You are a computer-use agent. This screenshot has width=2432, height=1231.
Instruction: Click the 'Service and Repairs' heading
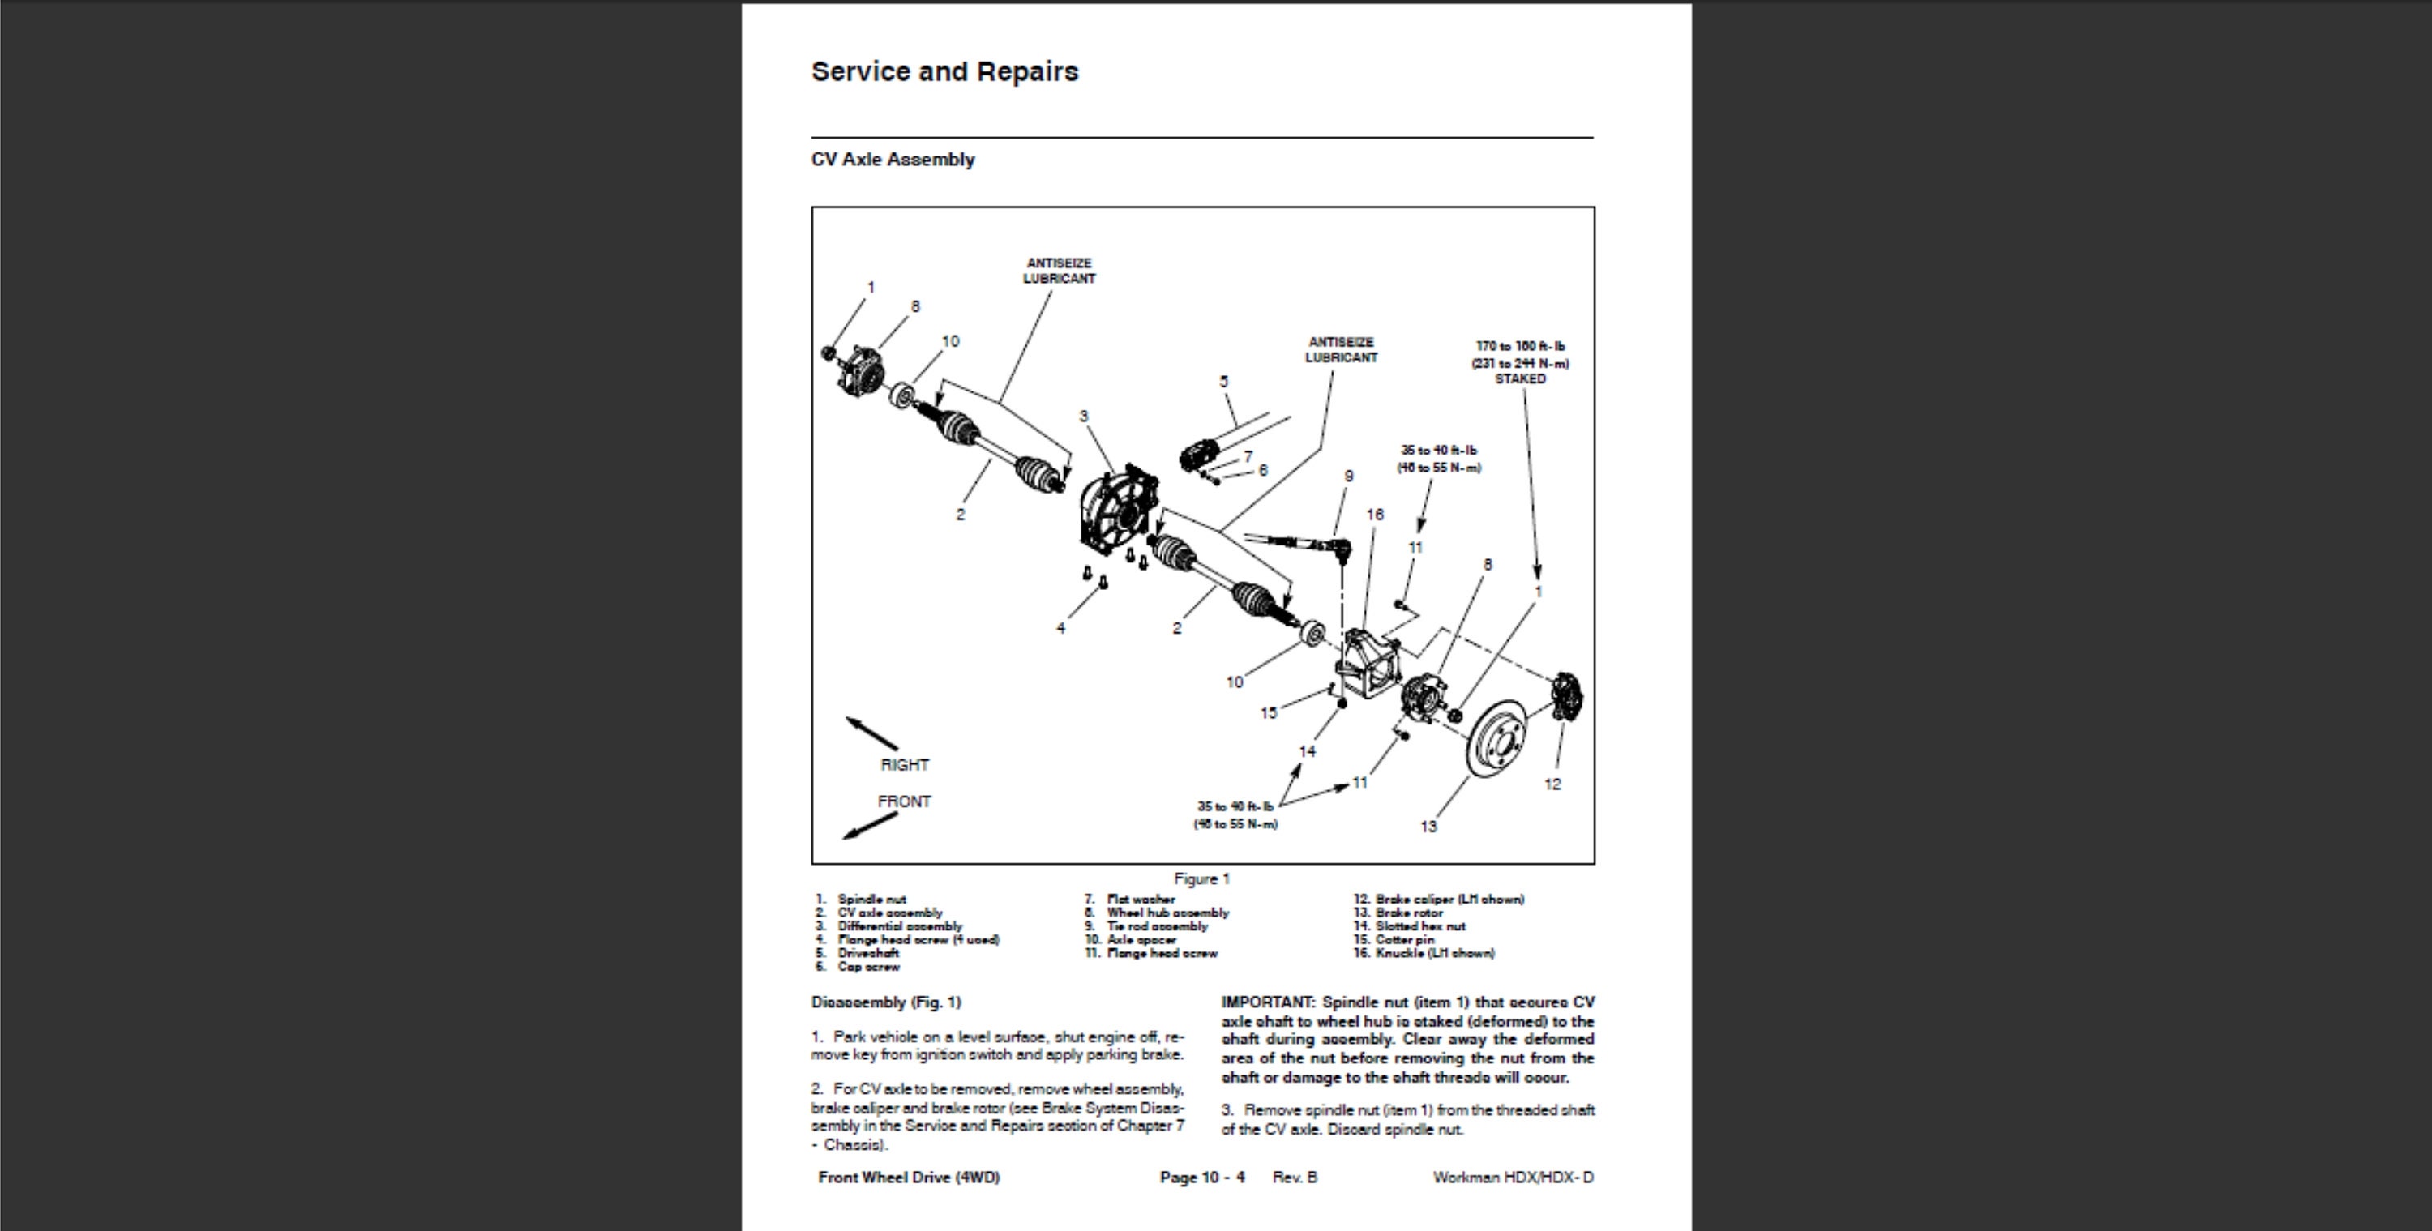(944, 72)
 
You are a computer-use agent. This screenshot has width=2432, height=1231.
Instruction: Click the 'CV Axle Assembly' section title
(893, 160)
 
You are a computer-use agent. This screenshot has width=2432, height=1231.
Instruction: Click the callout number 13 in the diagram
(1428, 827)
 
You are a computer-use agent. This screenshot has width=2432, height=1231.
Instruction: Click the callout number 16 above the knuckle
(1375, 515)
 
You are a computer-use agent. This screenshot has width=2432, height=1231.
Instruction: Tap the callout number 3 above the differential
(1084, 416)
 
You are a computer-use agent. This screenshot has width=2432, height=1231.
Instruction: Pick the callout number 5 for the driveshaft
(1223, 382)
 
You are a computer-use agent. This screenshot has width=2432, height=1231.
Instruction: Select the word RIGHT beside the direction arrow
(905, 765)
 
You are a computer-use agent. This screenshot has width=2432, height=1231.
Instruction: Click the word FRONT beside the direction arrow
(904, 801)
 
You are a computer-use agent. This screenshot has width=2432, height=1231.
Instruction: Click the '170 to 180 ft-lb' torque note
(1520, 347)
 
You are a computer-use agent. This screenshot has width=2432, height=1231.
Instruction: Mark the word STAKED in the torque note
(1520, 378)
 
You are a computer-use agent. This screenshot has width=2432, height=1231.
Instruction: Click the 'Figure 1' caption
(1202, 879)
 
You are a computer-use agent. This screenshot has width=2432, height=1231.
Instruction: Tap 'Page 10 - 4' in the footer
(1202, 1178)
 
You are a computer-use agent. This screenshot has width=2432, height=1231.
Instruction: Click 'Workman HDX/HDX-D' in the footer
(1513, 1178)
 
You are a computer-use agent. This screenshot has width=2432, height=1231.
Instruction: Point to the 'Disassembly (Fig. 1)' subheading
(885, 1002)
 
